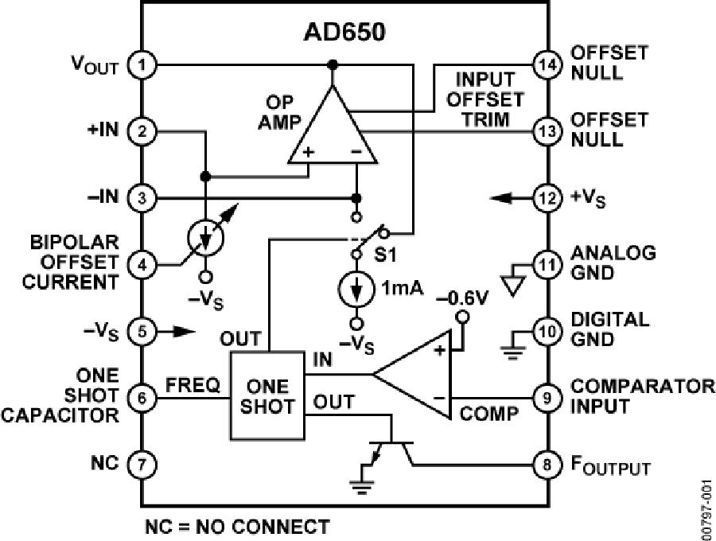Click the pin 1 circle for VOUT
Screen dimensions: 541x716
[142, 64]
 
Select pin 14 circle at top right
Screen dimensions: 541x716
[545, 64]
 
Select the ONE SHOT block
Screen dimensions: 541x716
[267, 395]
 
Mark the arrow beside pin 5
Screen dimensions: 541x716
[180, 330]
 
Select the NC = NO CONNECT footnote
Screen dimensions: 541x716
[236, 527]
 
